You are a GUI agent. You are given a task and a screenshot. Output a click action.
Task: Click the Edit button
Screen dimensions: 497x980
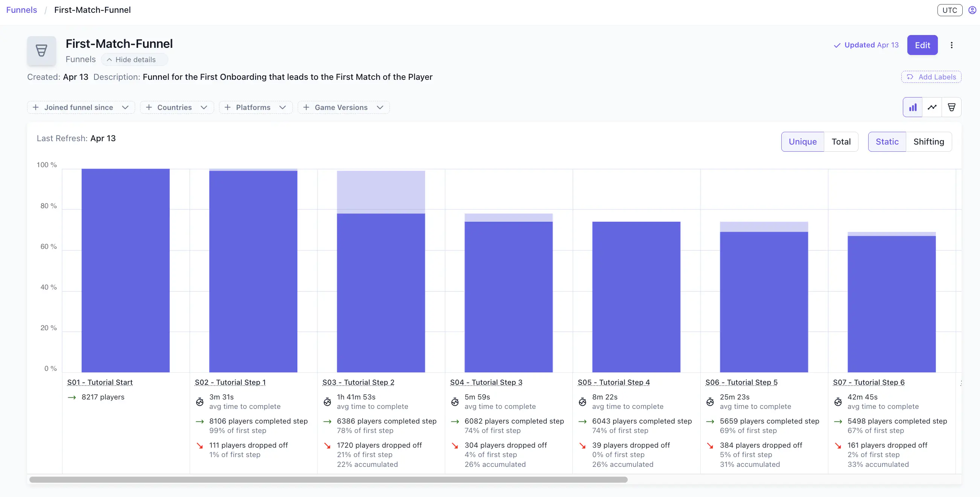click(x=922, y=45)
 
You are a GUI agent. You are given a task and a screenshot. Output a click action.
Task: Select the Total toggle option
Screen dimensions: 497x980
click(x=841, y=142)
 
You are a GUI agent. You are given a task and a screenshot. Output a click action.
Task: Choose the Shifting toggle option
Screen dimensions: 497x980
click(x=928, y=142)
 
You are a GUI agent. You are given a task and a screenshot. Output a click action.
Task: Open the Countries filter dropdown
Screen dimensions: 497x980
click(x=177, y=107)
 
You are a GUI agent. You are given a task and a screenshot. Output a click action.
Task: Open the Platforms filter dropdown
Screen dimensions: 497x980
click(x=255, y=107)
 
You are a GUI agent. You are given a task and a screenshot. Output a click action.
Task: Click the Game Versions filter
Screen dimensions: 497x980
click(x=343, y=107)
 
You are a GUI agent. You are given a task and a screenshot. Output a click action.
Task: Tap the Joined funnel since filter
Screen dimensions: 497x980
click(x=81, y=107)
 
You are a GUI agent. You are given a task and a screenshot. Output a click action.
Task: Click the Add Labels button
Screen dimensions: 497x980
click(x=931, y=77)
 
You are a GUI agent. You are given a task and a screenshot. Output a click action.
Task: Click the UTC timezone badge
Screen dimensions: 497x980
click(x=949, y=10)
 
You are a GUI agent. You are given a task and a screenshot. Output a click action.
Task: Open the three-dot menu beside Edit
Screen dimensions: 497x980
click(x=951, y=45)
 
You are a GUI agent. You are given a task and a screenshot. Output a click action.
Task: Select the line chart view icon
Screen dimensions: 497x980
click(x=932, y=107)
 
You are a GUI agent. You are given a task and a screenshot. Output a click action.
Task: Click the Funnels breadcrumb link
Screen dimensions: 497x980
click(x=21, y=10)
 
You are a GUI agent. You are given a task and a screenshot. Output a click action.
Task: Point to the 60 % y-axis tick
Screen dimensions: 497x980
click(x=48, y=247)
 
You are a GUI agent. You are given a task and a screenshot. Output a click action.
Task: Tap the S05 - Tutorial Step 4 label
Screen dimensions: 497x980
click(x=613, y=382)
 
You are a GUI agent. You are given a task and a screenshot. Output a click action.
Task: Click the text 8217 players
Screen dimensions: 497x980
click(x=103, y=397)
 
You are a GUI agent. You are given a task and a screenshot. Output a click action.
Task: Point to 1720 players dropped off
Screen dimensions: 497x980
click(x=379, y=445)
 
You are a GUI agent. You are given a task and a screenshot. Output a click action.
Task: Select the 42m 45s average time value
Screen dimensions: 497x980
click(x=862, y=397)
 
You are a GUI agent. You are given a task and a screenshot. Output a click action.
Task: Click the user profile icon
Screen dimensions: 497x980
click(x=972, y=10)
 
